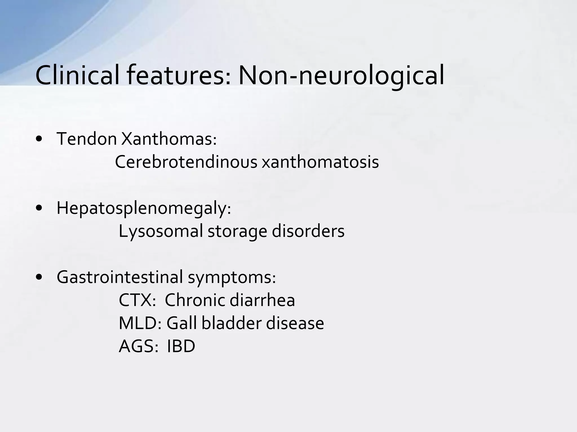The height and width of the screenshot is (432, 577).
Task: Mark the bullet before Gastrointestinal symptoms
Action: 39,277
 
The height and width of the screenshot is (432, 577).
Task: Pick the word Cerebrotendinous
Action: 186,162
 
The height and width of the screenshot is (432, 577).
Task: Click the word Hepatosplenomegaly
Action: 143,209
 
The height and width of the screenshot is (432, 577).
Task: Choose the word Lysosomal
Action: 161,231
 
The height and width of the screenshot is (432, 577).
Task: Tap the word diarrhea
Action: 262,300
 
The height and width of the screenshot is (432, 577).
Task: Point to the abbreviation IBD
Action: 181,346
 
